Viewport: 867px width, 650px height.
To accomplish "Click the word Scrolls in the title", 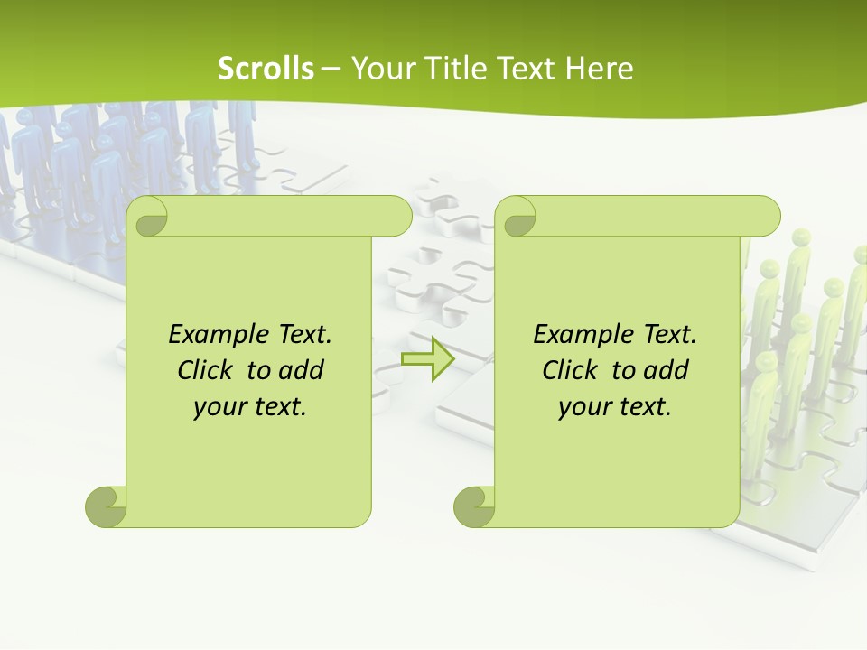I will pos(266,69).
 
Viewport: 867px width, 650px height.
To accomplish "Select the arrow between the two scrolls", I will pos(427,358).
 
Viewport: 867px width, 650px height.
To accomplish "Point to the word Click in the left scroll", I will pos(205,371).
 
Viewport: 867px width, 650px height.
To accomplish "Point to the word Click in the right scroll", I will pos(570,371).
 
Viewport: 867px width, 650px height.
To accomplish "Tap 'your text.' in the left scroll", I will pos(250,407).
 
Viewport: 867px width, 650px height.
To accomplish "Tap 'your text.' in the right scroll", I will pos(615,407).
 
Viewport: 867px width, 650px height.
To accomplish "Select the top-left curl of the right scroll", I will pos(518,218).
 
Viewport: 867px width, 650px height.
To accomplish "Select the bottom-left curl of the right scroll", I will pos(475,506).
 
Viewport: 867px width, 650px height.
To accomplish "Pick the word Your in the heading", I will pos(380,69).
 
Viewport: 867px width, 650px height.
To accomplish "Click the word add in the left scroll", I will pos(302,371).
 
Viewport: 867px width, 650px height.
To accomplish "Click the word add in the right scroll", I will pos(667,371).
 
